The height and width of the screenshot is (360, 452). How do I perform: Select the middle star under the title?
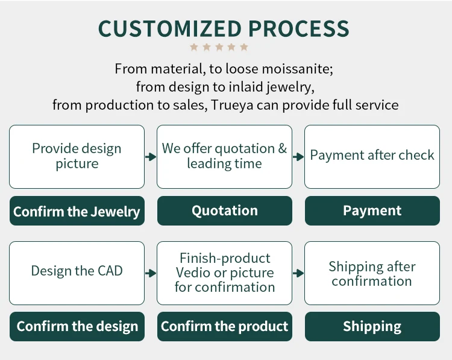219,47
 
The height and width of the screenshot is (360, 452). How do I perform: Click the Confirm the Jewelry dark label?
77,211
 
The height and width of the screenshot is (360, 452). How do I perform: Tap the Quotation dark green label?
224,210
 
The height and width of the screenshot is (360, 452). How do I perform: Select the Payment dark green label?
372,210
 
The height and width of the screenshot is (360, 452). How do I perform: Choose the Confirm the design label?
77,326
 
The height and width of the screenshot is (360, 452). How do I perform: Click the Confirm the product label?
224,326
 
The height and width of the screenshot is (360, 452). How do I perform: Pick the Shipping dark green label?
372,326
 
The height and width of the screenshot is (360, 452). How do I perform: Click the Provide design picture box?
77,156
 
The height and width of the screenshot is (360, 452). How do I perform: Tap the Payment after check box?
372,156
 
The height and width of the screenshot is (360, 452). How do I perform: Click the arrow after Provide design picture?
151,157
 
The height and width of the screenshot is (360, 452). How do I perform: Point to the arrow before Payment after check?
298,157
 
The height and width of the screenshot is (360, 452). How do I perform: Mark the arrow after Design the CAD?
151,273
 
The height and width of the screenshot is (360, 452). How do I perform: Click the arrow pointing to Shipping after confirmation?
298,273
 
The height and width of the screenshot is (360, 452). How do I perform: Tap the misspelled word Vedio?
193,273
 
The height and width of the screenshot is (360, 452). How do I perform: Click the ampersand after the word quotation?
282,148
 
